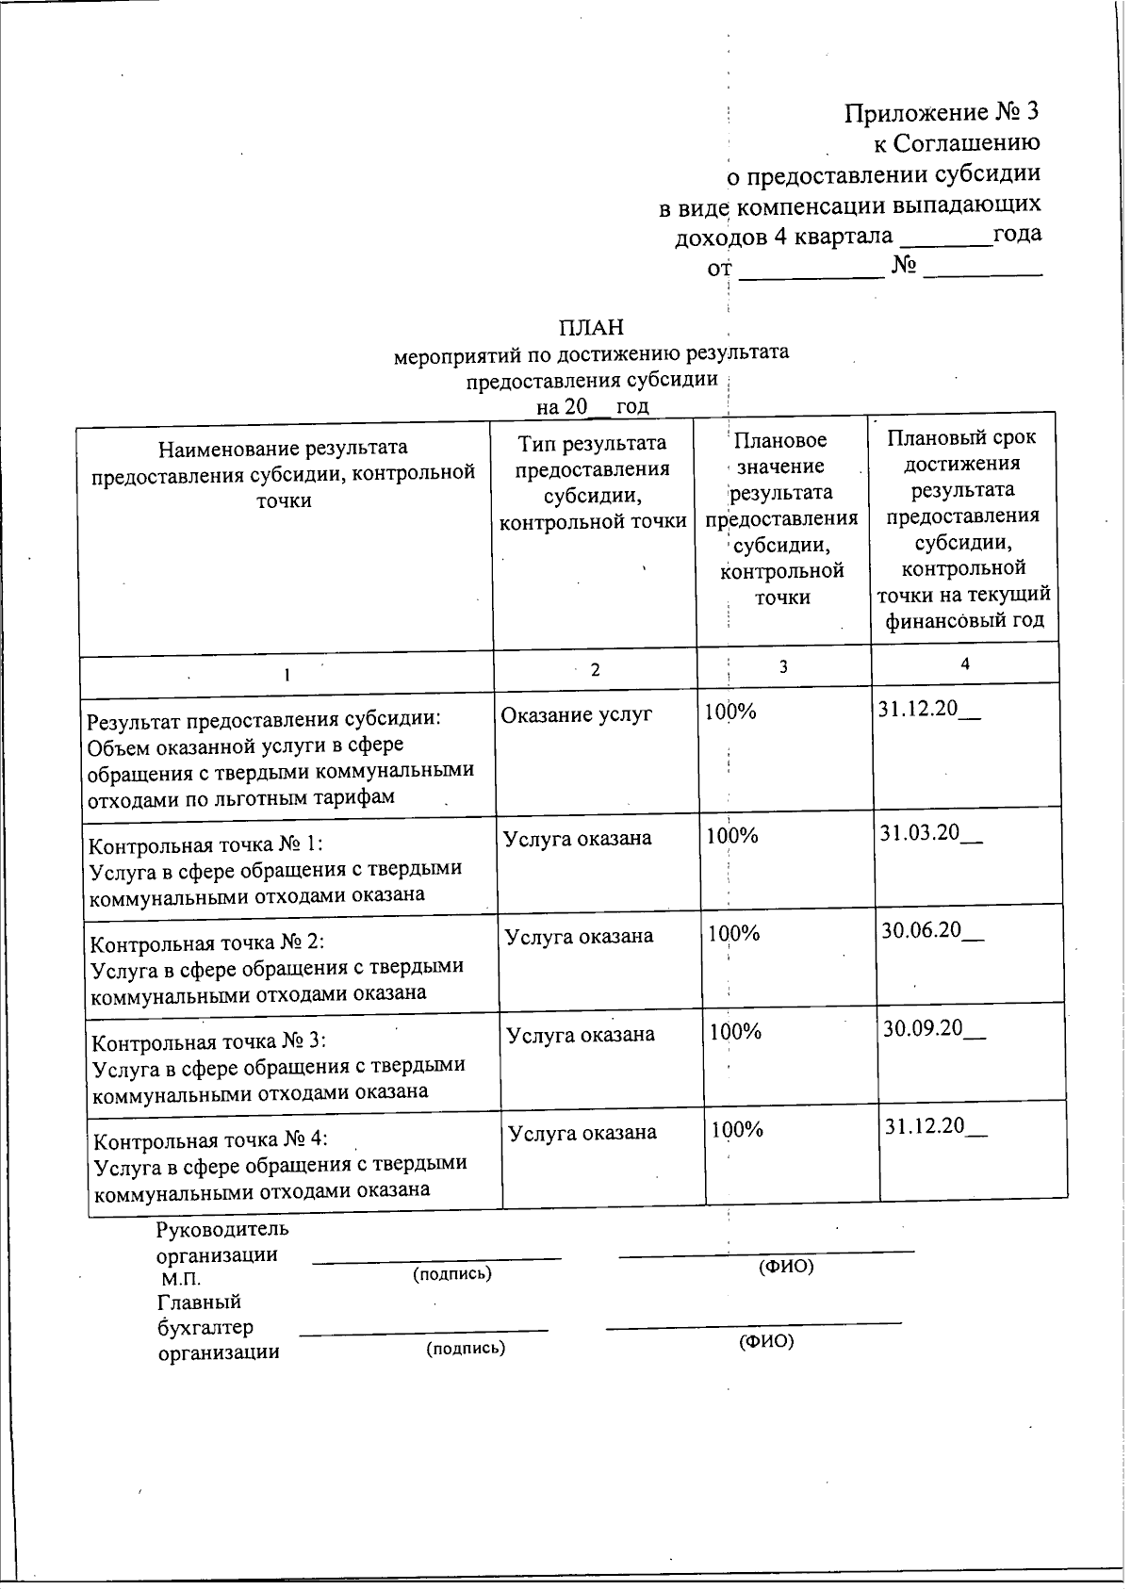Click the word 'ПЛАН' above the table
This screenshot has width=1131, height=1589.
591,327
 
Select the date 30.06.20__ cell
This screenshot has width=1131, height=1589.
932,931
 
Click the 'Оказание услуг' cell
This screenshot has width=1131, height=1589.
576,714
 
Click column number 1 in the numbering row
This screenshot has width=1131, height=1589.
287,675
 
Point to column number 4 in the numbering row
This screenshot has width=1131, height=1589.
964,663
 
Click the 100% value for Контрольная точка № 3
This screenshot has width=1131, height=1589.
735,1031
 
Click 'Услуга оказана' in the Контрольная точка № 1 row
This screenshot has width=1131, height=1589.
577,839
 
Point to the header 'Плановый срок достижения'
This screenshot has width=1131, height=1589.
961,450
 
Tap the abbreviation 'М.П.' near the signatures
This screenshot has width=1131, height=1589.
180,1280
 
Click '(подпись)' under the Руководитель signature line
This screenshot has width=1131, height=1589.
452,1274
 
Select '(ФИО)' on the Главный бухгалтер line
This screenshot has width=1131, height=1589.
766,1341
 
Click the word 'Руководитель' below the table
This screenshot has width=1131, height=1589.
222,1229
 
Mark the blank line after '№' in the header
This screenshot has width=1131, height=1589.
983,271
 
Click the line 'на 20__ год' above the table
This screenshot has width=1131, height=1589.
592,406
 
